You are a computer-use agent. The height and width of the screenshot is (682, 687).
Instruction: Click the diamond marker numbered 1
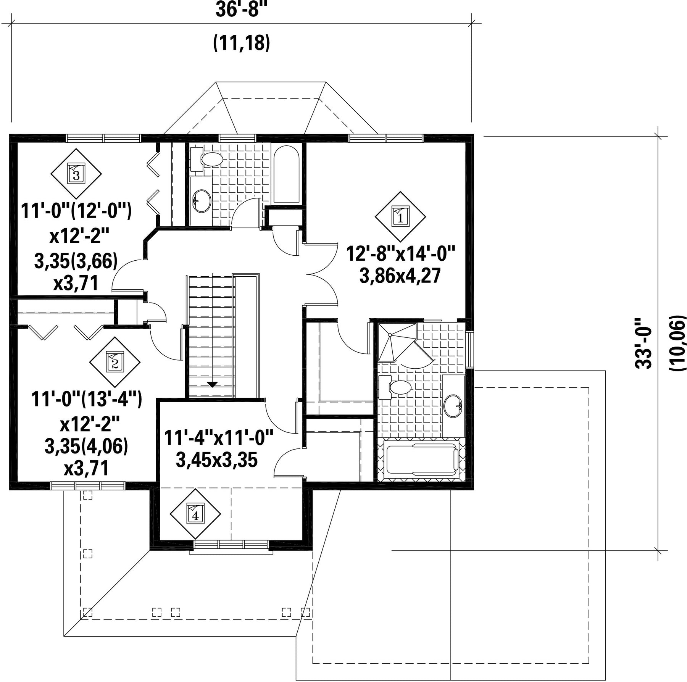400,216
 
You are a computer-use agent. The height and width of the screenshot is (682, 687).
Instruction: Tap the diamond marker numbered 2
114,362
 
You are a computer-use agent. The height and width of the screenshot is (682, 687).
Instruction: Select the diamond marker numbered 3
76,174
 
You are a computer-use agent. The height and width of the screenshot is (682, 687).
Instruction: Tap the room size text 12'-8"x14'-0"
401,254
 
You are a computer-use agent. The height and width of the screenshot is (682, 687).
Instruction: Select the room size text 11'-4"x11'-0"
219,438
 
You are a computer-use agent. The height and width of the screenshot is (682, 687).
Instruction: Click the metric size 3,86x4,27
400,276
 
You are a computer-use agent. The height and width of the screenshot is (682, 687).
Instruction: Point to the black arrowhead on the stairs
212,384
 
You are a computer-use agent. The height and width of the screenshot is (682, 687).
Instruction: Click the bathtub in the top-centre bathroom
286,174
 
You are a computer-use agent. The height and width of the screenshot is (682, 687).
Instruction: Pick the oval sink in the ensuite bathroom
454,406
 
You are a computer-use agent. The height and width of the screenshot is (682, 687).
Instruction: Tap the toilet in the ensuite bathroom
395,387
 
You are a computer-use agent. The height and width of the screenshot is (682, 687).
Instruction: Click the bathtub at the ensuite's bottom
421,460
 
